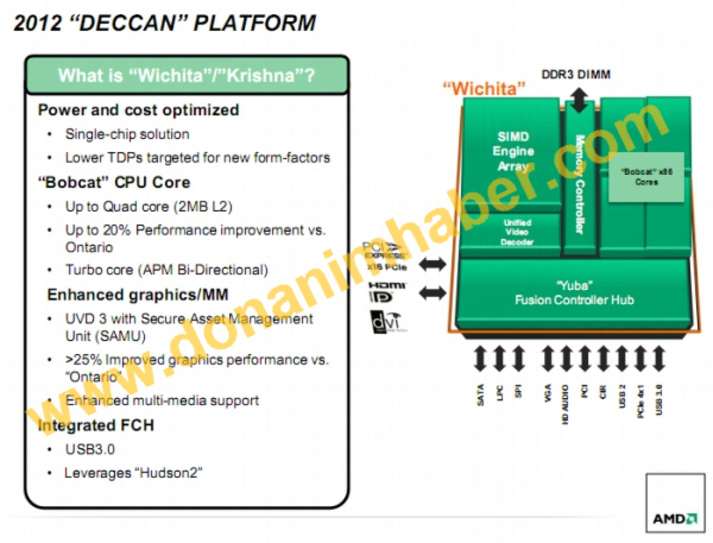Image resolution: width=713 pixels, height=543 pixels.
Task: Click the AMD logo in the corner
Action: tap(675, 518)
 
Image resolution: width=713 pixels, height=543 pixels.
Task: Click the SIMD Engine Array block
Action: tap(512, 151)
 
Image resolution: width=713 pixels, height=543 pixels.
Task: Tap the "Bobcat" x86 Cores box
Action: tap(646, 177)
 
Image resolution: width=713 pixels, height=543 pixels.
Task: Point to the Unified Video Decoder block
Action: tap(516, 232)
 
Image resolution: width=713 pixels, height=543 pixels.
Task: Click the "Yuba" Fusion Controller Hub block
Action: tap(574, 293)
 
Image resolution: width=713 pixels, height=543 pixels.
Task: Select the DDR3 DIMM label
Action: tap(575, 74)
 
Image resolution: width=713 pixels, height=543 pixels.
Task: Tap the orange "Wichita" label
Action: tap(484, 89)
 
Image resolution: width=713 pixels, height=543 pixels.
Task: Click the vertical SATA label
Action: tap(480, 395)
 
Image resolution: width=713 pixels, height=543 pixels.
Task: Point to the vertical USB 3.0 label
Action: tap(659, 399)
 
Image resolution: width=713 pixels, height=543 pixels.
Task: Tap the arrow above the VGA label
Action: tap(548, 359)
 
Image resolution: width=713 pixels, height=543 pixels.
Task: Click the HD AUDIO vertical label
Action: tap(565, 404)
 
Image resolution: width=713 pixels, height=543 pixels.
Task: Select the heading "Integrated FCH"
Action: tap(95, 425)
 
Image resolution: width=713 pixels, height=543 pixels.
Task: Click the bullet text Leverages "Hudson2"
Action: tap(133, 473)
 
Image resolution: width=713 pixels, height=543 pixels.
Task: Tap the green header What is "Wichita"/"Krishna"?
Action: tap(187, 75)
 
